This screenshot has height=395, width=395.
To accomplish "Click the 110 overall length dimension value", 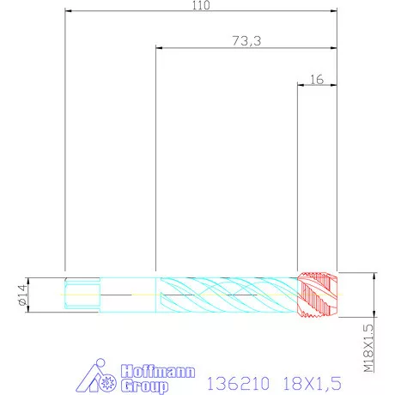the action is [x=201, y=5].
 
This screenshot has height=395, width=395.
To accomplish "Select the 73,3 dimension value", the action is [x=246, y=41].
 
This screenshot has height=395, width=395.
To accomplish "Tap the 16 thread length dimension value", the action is [x=317, y=80].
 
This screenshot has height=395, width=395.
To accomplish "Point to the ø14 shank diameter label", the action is [x=23, y=295].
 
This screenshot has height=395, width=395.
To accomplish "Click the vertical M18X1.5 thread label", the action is [x=369, y=348].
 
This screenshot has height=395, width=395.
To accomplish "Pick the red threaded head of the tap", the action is [x=317, y=295].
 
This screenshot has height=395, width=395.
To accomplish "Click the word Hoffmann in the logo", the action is [x=158, y=371].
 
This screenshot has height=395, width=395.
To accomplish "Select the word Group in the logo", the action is [x=144, y=386].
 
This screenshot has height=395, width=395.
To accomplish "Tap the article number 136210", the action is [x=238, y=384].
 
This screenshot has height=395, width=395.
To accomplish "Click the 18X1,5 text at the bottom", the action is [x=313, y=384].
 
